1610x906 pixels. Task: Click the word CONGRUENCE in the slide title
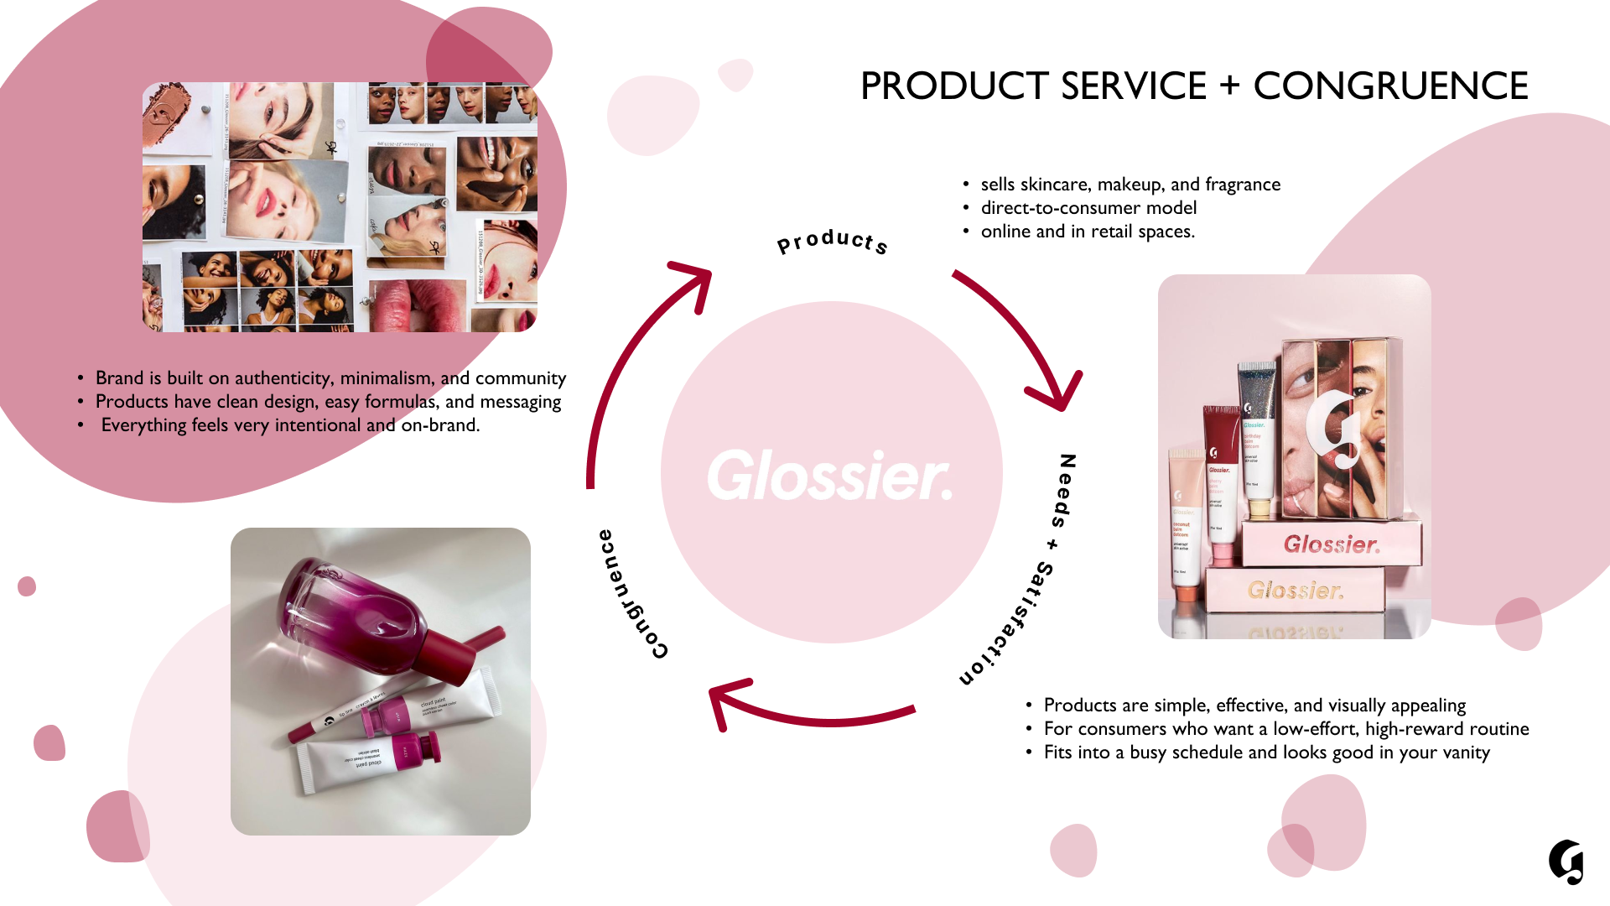1390,86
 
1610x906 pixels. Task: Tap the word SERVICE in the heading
1134,86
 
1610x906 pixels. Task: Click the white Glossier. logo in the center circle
830,475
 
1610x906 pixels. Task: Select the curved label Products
832,242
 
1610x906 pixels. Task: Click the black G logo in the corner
1566,862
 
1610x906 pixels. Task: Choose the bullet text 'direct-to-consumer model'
1088,208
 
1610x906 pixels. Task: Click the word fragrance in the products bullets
1243,185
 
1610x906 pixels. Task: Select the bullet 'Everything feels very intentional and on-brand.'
290,425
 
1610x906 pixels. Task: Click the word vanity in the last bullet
1464,752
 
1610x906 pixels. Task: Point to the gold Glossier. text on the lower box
1296,591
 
